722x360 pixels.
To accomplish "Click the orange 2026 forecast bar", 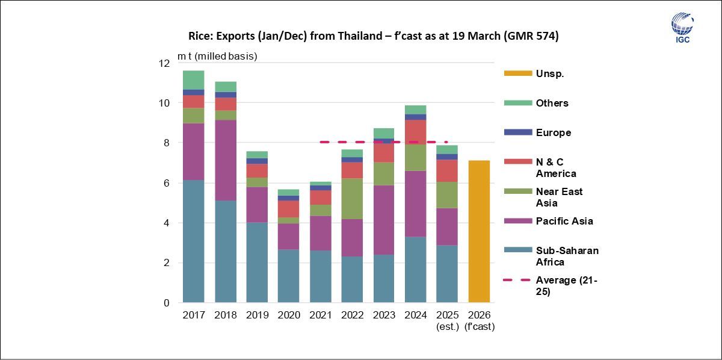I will click(x=478, y=232).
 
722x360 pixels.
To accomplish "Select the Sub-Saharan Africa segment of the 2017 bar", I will click(x=193, y=241).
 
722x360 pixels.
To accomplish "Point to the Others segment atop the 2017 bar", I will click(x=193, y=79).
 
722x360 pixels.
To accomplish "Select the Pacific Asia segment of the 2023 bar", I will click(x=383, y=220).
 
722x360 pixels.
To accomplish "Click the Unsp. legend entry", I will click(x=549, y=73).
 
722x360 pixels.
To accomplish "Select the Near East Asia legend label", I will click(x=559, y=197).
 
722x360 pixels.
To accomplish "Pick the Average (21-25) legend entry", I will click(x=566, y=285).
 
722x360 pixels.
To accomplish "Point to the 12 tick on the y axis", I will click(x=165, y=63).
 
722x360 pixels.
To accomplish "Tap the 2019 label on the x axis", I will click(x=257, y=315).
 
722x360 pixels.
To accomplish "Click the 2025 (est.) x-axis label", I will click(x=447, y=320).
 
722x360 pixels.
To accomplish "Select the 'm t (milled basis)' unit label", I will click(x=217, y=57).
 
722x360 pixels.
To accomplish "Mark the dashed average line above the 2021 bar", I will click(x=325, y=142).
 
